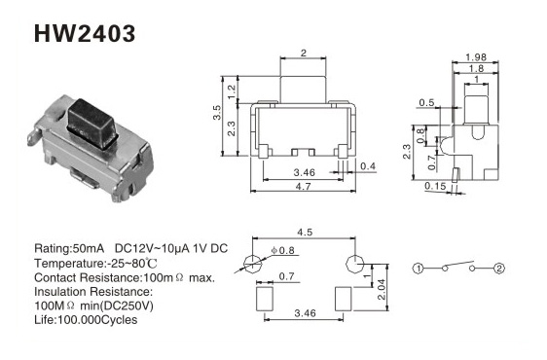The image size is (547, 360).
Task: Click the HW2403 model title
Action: click(85, 34)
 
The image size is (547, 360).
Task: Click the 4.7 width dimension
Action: click(303, 186)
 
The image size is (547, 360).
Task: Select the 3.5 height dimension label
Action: click(217, 113)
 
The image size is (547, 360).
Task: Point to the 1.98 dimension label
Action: click(476, 56)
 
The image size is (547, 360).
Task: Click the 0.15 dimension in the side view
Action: click(435, 186)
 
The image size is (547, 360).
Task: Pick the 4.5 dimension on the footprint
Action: click(305, 232)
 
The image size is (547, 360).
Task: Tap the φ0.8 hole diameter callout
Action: click(282, 250)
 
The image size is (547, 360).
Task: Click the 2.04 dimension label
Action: click(382, 289)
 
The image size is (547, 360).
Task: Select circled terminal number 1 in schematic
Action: click(418, 269)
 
